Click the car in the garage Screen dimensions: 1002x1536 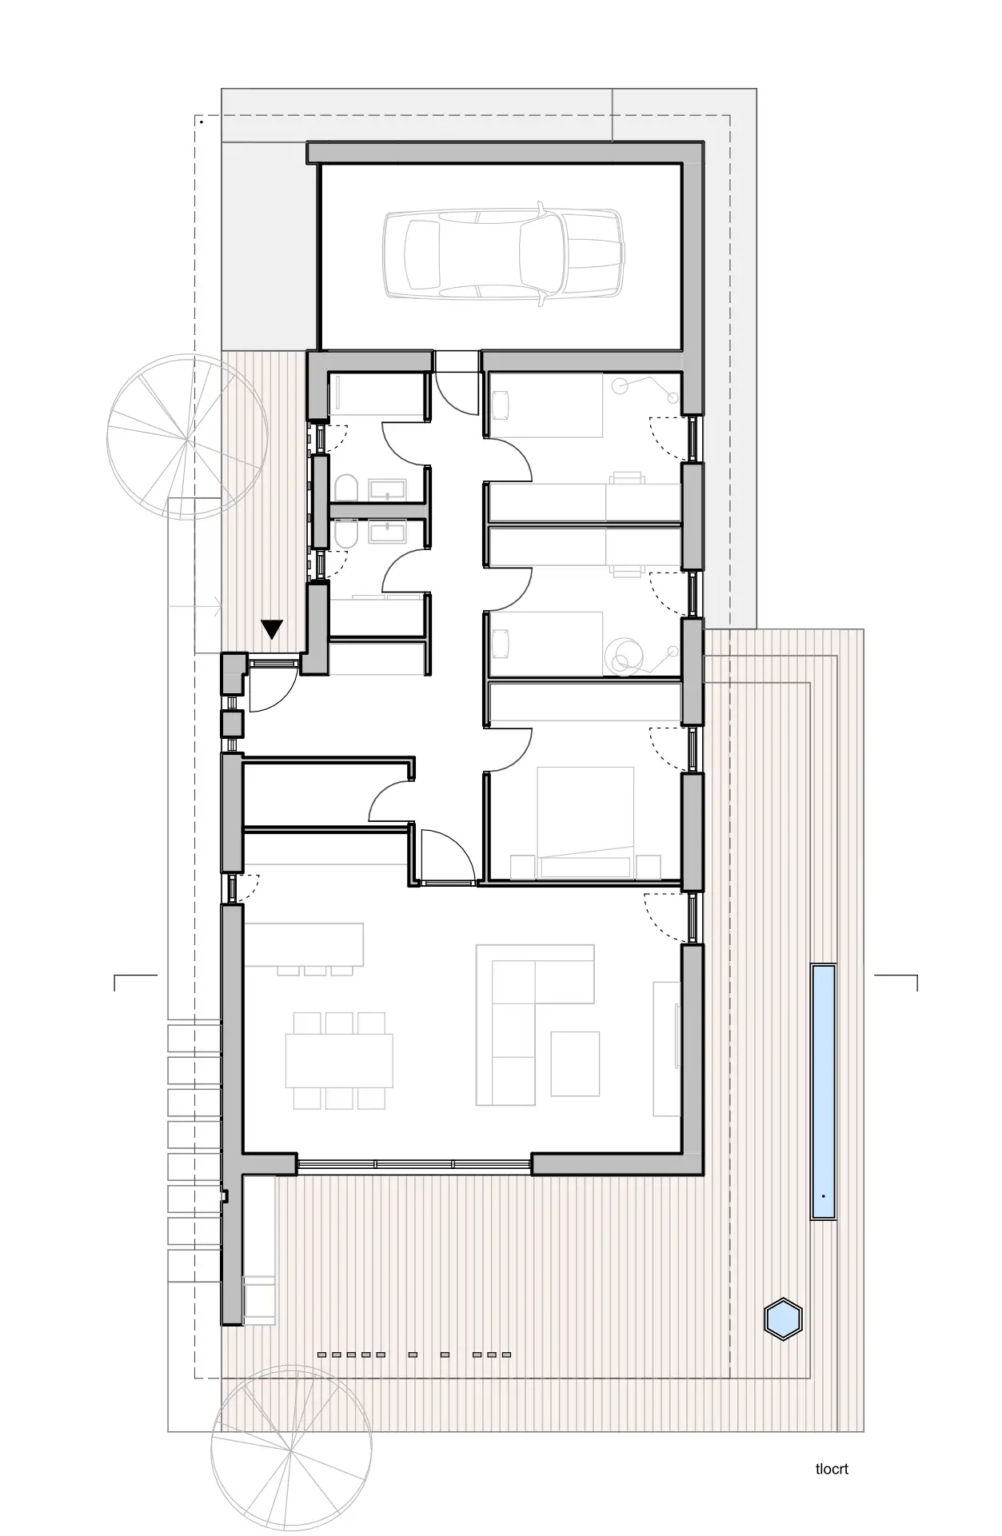point(502,254)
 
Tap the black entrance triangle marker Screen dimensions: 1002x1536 point(273,629)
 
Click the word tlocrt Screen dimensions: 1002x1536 point(832,1469)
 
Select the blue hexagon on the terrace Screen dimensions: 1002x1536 point(783,1318)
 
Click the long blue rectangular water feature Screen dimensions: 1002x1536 point(824,1091)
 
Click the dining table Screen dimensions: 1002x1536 point(340,1059)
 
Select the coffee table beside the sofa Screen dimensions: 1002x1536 point(575,1063)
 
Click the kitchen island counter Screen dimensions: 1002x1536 point(304,944)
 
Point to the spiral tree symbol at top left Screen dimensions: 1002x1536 point(186,438)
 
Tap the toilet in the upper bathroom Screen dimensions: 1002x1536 point(344,489)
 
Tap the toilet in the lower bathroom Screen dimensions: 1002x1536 point(344,534)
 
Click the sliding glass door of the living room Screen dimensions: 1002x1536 point(414,1163)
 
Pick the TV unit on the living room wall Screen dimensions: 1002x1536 point(667,1048)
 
